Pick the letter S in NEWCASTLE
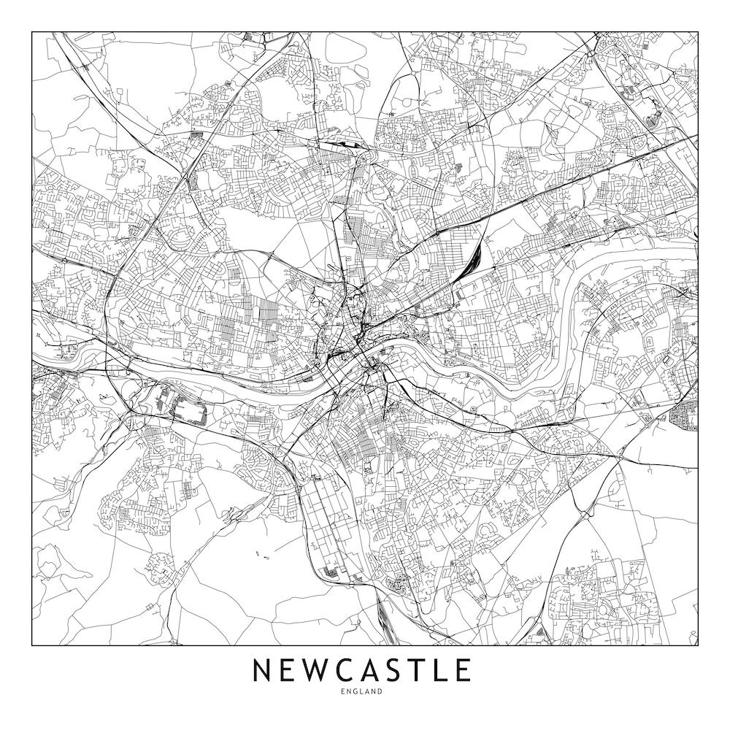(x=402, y=670)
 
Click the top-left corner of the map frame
(x=32, y=32)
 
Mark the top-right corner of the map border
(x=698, y=32)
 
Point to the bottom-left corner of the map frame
(x=32, y=645)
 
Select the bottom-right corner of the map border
(x=698, y=645)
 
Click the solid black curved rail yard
(x=474, y=255)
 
